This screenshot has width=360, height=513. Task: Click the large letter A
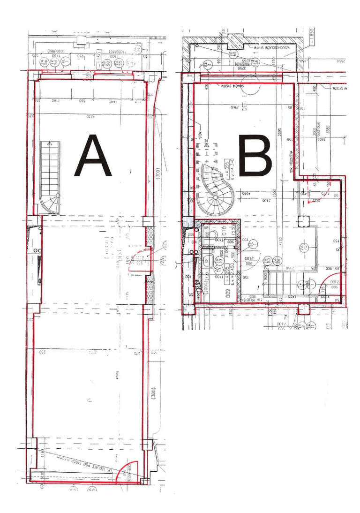tap(93, 156)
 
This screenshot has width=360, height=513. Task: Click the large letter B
tap(256, 156)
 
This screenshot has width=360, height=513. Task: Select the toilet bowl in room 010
tap(212, 234)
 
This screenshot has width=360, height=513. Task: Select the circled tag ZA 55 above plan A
tap(119, 63)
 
